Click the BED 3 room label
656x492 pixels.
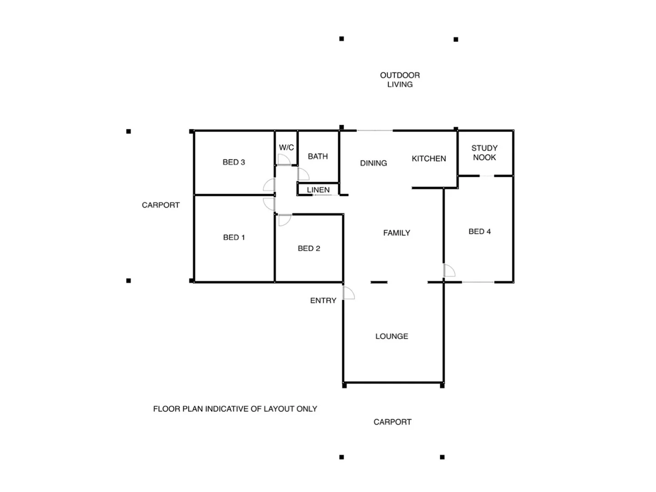[234, 162]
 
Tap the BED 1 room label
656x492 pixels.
[234, 237]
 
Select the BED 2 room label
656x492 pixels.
[309, 248]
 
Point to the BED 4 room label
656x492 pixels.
[479, 231]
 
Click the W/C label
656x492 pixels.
[286, 148]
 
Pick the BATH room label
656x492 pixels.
[318, 156]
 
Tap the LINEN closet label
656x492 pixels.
[318, 190]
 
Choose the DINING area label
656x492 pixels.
[373, 163]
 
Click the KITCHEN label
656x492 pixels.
[429, 159]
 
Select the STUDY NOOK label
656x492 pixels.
[484, 153]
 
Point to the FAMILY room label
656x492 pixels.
[397, 233]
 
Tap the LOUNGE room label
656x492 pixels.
[392, 336]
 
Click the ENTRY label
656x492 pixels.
[323, 301]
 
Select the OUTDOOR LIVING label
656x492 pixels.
[400, 80]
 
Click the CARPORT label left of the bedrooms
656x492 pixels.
[161, 205]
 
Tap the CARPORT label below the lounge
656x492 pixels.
[392, 422]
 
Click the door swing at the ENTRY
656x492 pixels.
[349, 293]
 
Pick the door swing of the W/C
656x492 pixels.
[284, 159]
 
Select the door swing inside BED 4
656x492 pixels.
[449, 271]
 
